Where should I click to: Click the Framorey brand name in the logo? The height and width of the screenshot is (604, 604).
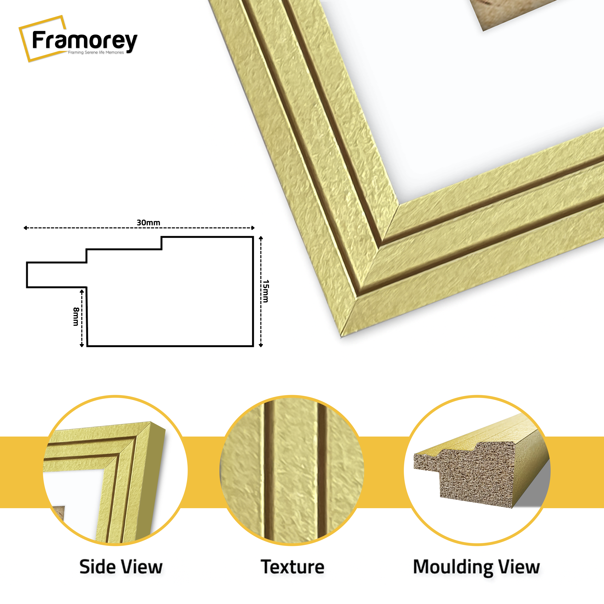pyautogui.click(x=84, y=41)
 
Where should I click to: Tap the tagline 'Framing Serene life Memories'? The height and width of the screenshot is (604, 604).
pyautogui.click(x=96, y=52)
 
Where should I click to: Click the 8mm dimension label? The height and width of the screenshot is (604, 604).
pyautogui.click(x=76, y=316)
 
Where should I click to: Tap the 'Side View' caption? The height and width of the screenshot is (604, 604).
pyautogui.click(x=121, y=567)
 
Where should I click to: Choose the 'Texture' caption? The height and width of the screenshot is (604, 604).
pyautogui.click(x=292, y=567)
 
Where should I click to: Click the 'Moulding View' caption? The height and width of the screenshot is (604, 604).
pyautogui.click(x=476, y=567)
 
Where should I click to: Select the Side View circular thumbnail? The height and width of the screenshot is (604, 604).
pyautogui.click(x=115, y=471)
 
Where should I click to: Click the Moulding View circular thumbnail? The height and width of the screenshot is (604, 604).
pyautogui.click(x=477, y=471)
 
